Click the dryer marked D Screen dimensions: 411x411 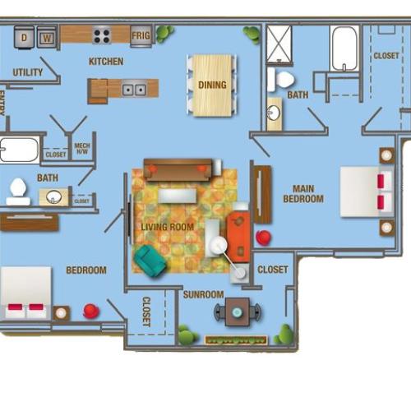coord(24,36)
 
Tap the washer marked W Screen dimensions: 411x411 coord(46,36)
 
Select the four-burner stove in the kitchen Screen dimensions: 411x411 coord(102,35)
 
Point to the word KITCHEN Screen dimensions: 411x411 coord(106,62)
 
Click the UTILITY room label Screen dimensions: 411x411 coord(28,73)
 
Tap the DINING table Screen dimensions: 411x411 coord(212,85)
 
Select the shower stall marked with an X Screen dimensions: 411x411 coord(278,44)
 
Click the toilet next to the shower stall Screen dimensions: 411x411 coord(282,80)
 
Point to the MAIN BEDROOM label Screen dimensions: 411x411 coord(303,194)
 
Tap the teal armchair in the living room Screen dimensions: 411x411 coord(150,261)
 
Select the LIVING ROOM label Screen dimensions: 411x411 coord(167,227)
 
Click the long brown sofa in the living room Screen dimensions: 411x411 coord(178,169)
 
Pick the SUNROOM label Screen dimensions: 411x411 coord(203,293)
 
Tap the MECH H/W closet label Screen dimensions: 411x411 coord(82,149)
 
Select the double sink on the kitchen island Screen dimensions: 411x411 coord(134,89)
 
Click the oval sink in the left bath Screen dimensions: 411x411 coord(54,196)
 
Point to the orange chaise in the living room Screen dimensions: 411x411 coord(238,236)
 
